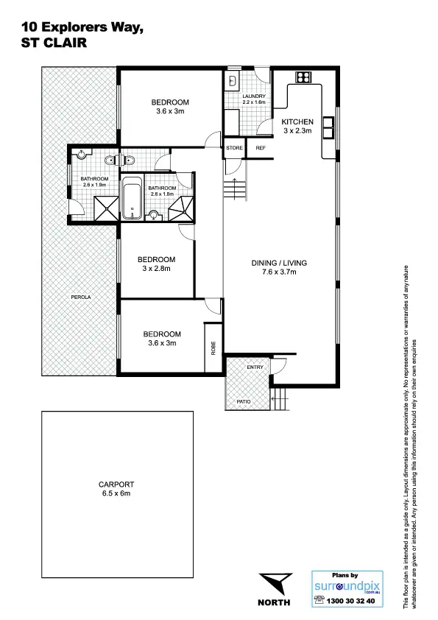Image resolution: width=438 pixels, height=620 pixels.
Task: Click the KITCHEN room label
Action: pyautogui.click(x=298, y=121)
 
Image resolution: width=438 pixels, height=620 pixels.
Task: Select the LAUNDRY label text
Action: pyautogui.click(x=254, y=96)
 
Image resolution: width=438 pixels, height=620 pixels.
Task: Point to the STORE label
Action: pyautogui.click(x=234, y=148)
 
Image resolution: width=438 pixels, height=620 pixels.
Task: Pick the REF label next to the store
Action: pyautogui.click(x=260, y=148)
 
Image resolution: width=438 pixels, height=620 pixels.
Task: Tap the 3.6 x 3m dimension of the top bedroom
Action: pyautogui.click(x=170, y=112)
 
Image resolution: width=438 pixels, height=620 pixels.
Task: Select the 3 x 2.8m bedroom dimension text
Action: pyautogui.click(x=156, y=269)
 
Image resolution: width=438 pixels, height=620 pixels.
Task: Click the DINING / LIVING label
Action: pyautogui.click(x=280, y=263)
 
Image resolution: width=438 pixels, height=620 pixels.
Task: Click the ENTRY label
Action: pyautogui.click(x=255, y=367)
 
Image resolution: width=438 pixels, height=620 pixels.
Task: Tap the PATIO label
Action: pyautogui.click(x=243, y=401)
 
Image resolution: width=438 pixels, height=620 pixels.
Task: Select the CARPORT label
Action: pyautogui.click(x=115, y=484)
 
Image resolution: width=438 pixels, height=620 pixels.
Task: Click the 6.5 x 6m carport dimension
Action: pyautogui.click(x=115, y=493)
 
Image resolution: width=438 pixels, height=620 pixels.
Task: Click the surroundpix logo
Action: pyautogui.click(x=345, y=587)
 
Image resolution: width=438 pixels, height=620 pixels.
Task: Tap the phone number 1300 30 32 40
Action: pyautogui.click(x=350, y=601)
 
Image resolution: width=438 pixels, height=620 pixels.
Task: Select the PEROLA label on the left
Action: pyautogui.click(x=81, y=297)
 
